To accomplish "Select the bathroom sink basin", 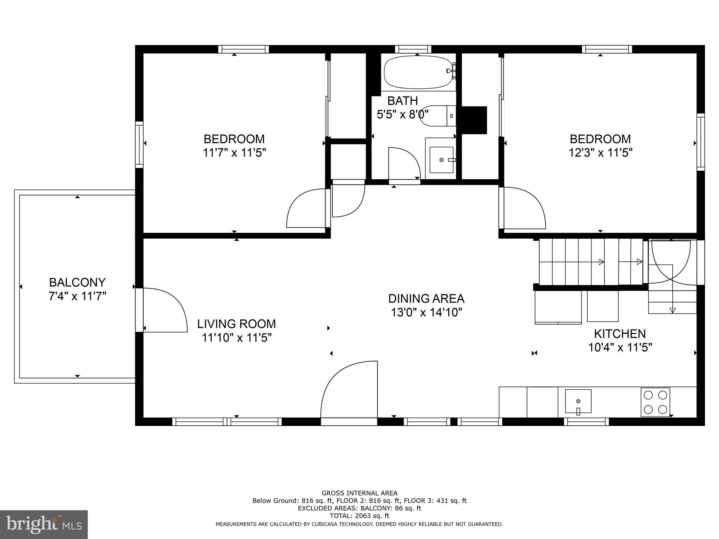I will (441, 160).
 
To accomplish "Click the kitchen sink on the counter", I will (578, 401).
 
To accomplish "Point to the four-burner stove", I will (655, 402).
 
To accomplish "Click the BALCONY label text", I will (77, 282).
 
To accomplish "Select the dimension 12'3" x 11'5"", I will (600, 153).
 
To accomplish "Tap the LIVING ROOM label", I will (236, 324).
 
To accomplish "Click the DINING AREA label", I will (426, 299).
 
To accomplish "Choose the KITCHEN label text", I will (620, 333).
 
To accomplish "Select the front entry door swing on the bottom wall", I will (349, 390).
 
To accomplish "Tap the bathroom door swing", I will (404, 164).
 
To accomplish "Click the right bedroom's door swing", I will (523, 207).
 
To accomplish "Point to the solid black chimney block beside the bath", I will (474, 120).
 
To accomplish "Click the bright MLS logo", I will (44, 525).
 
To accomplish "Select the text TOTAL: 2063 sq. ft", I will (359, 516).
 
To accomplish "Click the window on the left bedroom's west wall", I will (139, 145).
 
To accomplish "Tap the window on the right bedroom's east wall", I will (701, 142).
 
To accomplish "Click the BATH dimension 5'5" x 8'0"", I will (402, 114).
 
